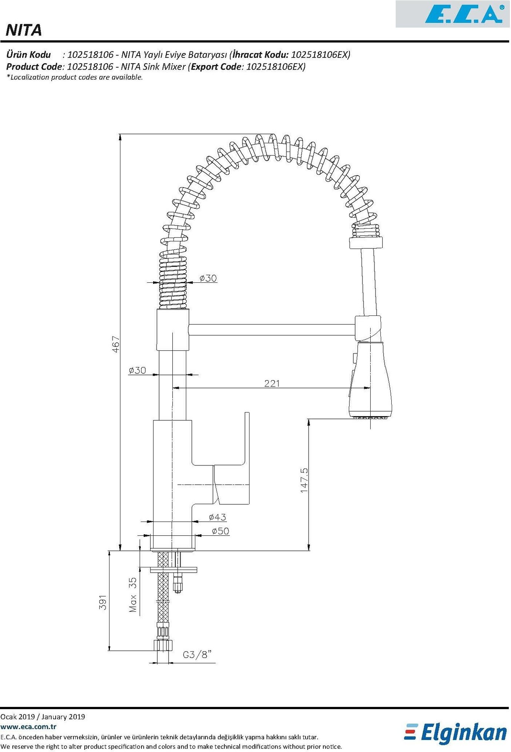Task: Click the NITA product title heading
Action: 24,30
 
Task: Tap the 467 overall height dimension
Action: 116,344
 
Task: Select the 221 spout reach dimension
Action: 272,383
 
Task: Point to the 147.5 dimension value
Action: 304,480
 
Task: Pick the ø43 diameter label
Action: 217,517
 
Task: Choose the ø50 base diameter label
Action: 220,531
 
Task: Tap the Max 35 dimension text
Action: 133,595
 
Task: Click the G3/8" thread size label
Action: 197,655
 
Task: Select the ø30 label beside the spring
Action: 208,278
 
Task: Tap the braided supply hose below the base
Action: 163,598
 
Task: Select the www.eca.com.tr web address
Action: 29,727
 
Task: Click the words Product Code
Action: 33,67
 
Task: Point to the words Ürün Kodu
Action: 29,55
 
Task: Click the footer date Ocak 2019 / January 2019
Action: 43,717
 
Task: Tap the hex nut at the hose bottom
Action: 163,646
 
